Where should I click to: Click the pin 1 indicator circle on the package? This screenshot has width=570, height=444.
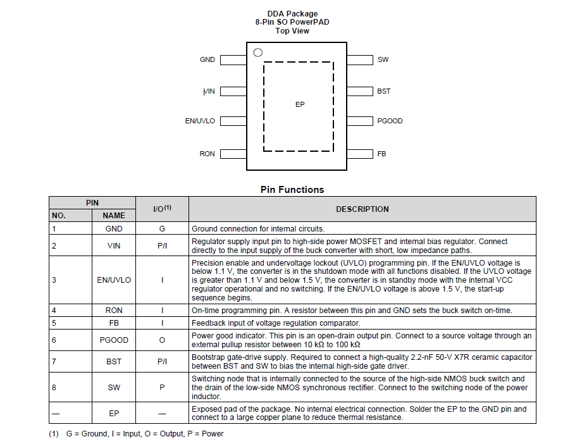coord(257,52)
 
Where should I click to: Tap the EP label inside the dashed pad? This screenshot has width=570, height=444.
coord(300,104)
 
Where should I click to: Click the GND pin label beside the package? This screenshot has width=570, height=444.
coord(208,59)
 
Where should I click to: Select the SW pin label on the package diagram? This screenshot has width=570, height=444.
coord(383,59)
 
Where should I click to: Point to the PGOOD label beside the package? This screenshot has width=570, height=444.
coord(390,121)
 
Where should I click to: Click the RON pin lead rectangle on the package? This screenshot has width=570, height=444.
coord(233,154)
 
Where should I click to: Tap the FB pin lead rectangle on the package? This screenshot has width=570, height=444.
coord(360,154)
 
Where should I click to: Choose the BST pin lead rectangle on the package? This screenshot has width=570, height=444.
coord(360,91)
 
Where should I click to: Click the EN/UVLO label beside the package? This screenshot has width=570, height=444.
coord(200,121)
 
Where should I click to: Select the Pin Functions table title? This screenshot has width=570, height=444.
coord(292,190)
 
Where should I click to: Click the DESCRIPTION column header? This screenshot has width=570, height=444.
coord(362,209)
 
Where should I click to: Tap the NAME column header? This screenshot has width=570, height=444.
coord(114,216)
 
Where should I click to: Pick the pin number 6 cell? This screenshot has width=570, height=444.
coord(54,340)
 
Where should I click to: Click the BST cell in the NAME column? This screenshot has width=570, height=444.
coord(114,362)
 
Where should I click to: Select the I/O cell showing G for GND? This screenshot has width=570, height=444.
coord(162,229)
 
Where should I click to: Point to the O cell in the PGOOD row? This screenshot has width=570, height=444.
coord(162,340)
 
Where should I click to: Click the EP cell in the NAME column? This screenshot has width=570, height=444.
coord(114,414)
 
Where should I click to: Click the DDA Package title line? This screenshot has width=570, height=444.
coord(292,14)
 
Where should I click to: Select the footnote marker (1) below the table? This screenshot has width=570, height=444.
coord(54,434)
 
